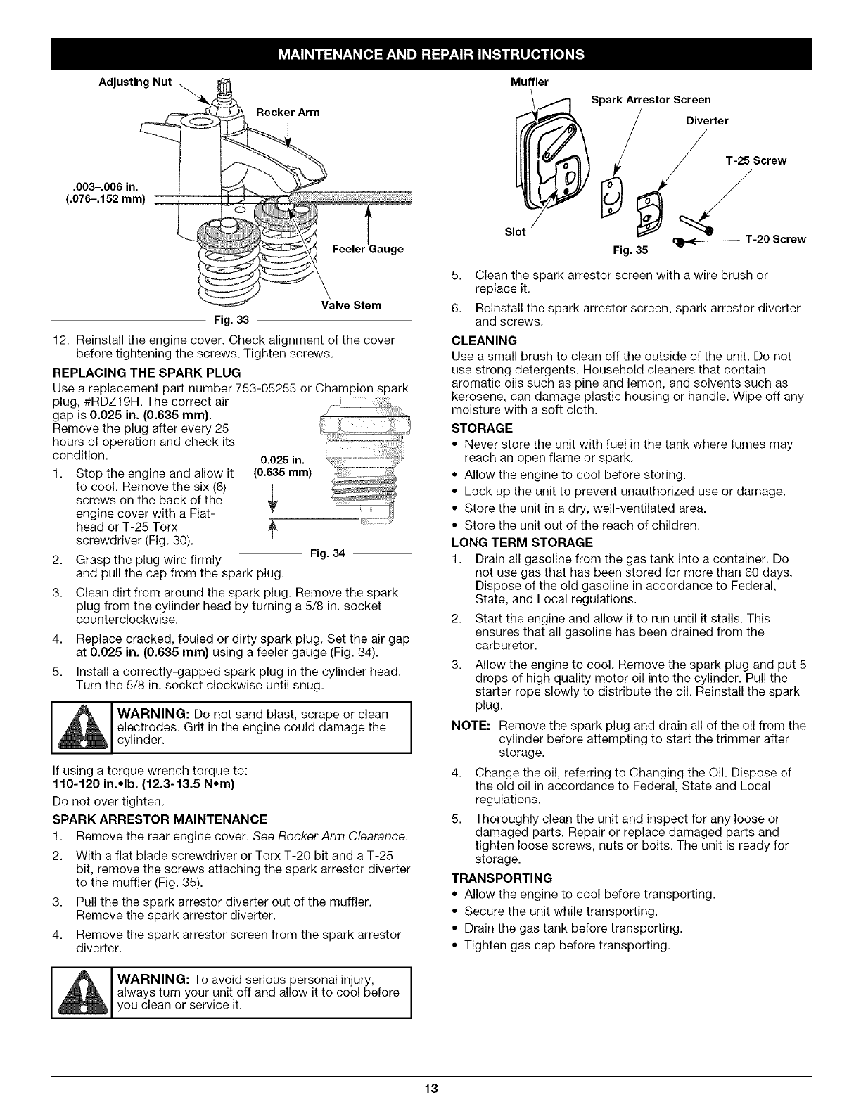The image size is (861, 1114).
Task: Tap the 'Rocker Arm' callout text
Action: click(287, 112)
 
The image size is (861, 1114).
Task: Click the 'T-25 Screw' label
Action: click(755, 160)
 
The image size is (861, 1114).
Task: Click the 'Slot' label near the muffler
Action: click(516, 233)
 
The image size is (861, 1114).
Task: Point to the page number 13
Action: click(431, 1089)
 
